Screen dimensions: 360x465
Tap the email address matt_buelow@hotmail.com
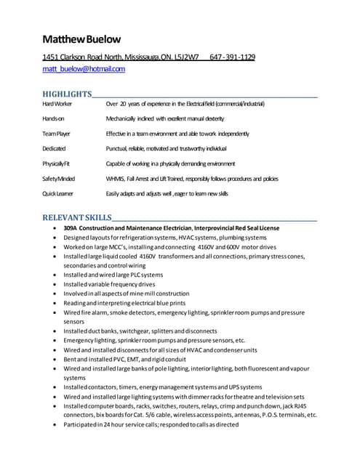84,69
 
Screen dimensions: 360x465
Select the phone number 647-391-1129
232,57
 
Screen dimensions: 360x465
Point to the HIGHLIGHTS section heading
66,94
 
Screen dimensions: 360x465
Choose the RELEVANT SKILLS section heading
77,217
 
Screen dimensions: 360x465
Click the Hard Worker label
57,105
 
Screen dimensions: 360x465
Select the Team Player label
56,134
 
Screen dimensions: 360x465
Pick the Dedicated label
54,148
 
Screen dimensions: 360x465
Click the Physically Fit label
57,163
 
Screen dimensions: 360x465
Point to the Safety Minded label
59,179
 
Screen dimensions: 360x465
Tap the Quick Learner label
59,194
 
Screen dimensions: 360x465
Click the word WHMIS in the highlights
116,179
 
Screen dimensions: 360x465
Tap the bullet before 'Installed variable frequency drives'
55,284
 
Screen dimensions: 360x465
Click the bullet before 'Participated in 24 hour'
55,424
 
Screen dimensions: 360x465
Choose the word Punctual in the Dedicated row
119,148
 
